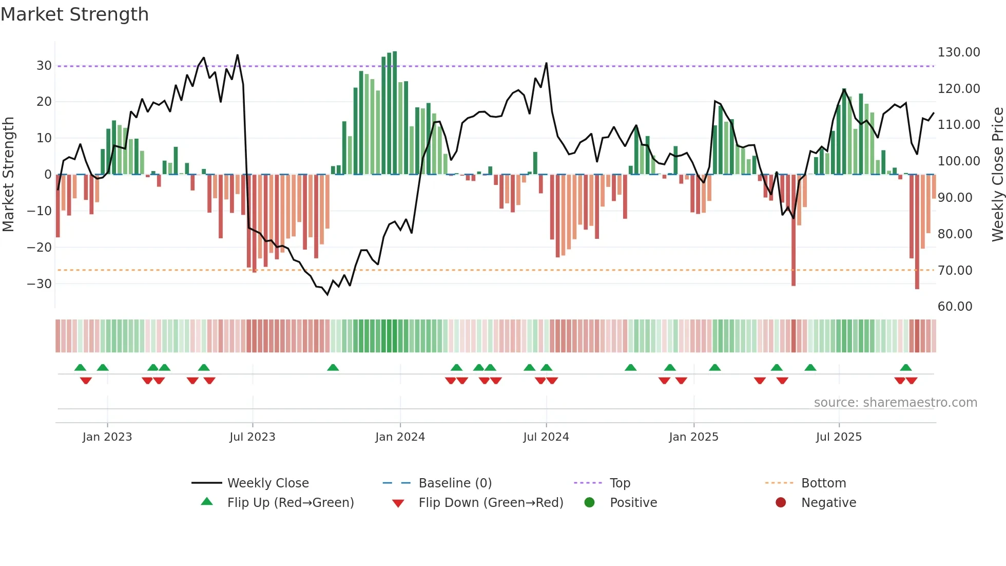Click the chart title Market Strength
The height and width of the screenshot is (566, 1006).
(x=74, y=14)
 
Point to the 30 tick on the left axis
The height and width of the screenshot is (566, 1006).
(x=44, y=66)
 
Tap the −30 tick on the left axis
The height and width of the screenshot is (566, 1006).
(x=40, y=284)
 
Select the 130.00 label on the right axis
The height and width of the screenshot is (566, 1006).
(x=958, y=52)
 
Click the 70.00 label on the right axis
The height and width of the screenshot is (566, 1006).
(x=955, y=271)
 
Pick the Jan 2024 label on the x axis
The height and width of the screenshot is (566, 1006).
(x=400, y=437)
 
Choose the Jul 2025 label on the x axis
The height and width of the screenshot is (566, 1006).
(x=839, y=437)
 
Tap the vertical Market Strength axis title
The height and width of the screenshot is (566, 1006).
(x=8, y=175)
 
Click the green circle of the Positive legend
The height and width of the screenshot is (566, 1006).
(x=589, y=503)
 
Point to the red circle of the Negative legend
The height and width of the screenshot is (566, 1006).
(x=781, y=503)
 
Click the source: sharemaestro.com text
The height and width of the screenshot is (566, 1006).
(x=895, y=403)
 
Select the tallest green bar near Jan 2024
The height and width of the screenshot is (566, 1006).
(x=395, y=113)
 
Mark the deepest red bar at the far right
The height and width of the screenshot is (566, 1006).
(x=917, y=231)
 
